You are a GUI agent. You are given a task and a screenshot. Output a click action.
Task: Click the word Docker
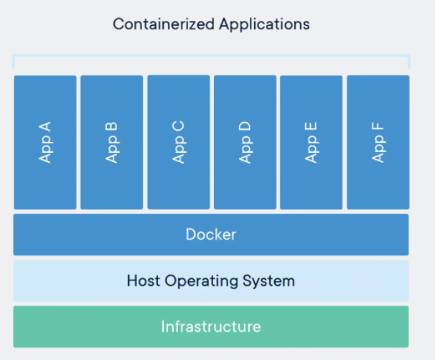(x=210, y=235)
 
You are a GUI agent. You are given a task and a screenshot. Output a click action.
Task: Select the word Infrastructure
(x=210, y=327)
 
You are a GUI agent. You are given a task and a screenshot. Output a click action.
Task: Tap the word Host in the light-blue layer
(x=143, y=280)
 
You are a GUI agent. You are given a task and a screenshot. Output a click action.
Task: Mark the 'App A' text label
(x=45, y=142)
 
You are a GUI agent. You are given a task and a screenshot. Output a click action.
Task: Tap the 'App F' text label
(x=378, y=142)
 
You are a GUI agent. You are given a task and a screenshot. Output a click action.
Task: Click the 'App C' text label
(x=178, y=142)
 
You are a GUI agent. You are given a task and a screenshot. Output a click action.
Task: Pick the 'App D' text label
(x=245, y=142)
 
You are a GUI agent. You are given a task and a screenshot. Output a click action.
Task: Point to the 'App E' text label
(x=311, y=142)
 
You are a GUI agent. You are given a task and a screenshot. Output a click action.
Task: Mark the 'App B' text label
(x=111, y=142)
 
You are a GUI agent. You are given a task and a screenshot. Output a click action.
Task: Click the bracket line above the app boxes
(x=210, y=55)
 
